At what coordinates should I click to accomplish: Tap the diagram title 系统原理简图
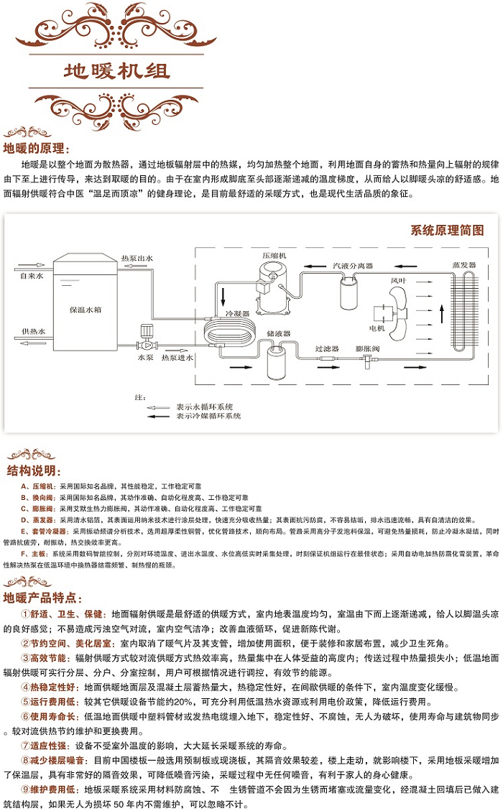point(448,230)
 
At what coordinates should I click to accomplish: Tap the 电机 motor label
point(377,328)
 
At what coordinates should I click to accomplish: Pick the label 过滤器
point(327,348)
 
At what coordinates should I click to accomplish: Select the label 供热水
point(32,331)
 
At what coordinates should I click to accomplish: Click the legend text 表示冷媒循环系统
point(208,416)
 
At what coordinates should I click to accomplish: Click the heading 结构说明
point(31,471)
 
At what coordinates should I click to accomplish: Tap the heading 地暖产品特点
point(42,598)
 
